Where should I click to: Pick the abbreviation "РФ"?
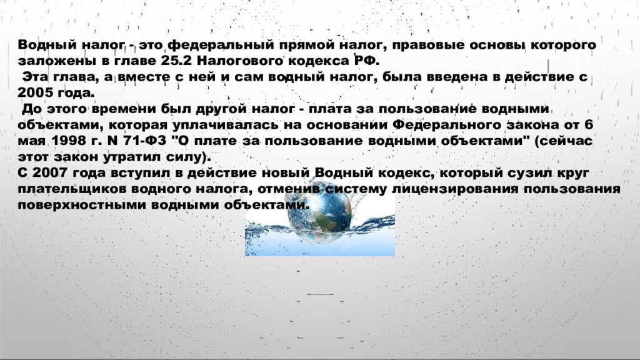(x=361, y=61)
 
